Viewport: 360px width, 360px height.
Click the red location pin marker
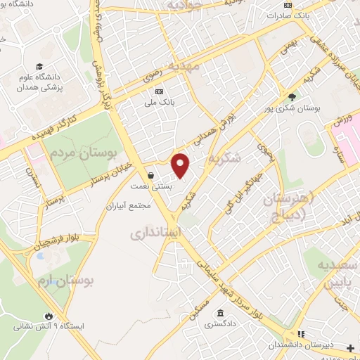[181, 165]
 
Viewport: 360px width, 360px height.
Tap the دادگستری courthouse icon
[221, 313]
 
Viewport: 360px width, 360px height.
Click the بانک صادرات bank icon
[288, 5]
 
